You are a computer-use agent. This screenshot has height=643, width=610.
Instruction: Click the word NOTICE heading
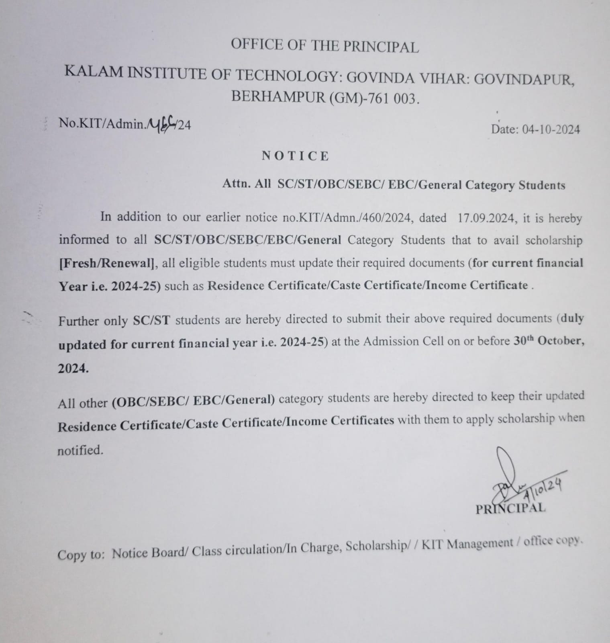pos(295,156)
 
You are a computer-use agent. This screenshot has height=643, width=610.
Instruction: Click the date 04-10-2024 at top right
pos(551,129)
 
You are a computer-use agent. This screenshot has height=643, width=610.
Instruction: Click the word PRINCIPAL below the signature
pos(510,508)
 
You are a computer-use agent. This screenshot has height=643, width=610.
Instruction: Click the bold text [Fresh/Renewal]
pos(107,263)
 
